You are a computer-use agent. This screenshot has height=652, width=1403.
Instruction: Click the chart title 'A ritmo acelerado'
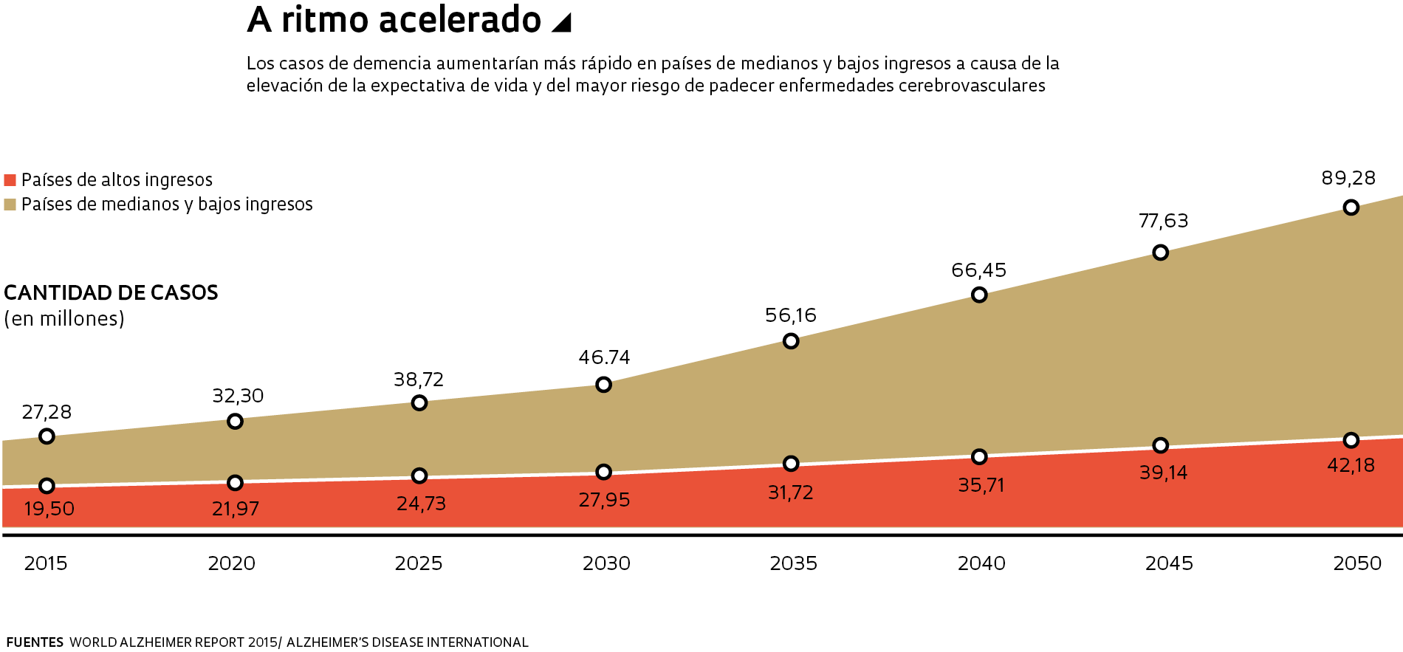(x=394, y=20)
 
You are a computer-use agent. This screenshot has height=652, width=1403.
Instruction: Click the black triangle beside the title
(x=563, y=23)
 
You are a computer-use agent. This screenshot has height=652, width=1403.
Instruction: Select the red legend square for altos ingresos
(x=10, y=180)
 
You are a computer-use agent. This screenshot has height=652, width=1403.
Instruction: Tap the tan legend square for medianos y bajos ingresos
(x=10, y=205)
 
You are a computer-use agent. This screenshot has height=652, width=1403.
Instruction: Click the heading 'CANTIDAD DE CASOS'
(x=111, y=293)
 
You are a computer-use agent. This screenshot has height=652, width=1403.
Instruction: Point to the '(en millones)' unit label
(x=64, y=319)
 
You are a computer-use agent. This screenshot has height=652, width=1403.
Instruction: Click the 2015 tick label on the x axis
(x=46, y=563)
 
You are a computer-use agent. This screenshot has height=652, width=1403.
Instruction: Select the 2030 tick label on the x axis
(x=606, y=563)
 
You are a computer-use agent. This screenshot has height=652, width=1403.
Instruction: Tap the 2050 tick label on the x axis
(x=1357, y=563)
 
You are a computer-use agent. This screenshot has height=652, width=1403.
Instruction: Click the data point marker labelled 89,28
(x=1351, y=207)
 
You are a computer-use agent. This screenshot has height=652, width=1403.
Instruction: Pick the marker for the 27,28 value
(x=47, y=436)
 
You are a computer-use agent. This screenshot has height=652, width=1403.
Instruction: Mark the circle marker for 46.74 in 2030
(x=603, y=385)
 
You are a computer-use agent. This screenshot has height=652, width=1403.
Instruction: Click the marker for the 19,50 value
(x=47, y=486)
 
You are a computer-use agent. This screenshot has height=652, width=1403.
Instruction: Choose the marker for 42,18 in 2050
(x=1351, y=440)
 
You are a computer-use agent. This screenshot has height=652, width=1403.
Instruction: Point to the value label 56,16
(x=791, y=316)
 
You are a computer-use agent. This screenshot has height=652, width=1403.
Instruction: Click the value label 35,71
(x=981, y=485)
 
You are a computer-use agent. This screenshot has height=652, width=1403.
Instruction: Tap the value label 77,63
(x=1164, y=221)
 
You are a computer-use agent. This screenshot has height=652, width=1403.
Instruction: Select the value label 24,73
(x=421, y=504)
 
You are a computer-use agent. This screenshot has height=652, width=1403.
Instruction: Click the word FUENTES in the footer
(x=35, y=642)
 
